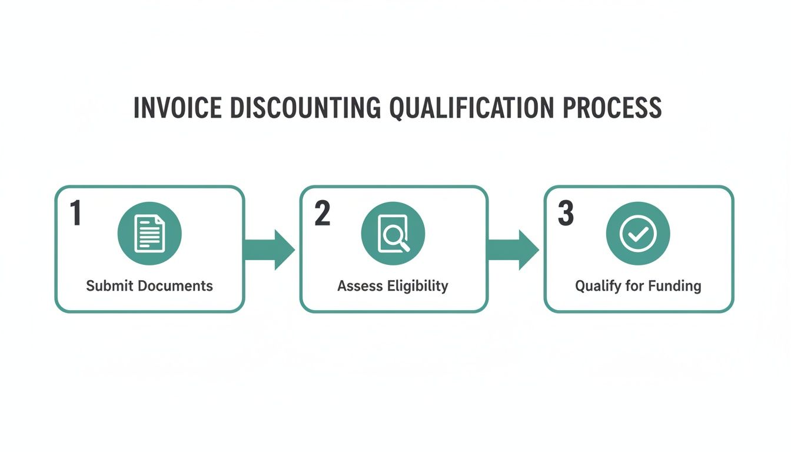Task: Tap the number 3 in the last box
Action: click(566, 214)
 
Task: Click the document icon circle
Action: click(149, 234)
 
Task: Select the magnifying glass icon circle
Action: click(393, 234)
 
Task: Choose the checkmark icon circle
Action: click(638, 234)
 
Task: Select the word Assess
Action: click(360, 286)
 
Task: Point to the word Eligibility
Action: click(417, 287)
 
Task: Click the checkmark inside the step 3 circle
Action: click(638, 234)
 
